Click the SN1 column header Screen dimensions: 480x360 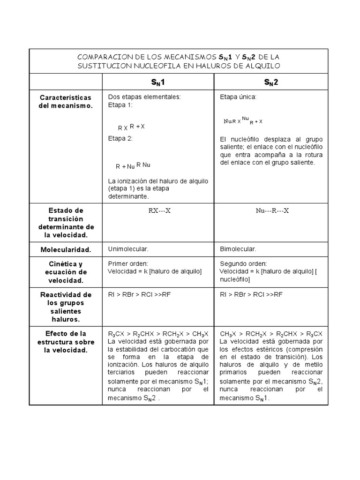point(158,82)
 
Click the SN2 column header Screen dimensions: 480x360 point(271,82)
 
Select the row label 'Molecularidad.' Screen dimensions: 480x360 point(65,249)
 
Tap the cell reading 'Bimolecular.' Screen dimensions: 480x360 point(238,249)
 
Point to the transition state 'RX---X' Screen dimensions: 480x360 point(159,211)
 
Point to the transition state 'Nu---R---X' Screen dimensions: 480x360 point(272,211)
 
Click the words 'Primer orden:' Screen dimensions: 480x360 point(128,264)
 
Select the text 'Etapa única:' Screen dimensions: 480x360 point(238,97)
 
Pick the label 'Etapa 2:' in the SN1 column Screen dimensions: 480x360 point(120,138)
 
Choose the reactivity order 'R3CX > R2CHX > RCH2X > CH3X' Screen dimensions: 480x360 point(158,334)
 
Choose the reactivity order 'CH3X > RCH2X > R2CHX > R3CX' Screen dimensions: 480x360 point(271,334)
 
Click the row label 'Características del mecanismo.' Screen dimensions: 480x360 point(65,101)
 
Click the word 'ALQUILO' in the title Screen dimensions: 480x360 point(264,66)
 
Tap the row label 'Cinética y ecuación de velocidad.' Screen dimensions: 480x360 point(65,272)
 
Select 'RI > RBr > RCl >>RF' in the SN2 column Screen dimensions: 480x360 point(251,294)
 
